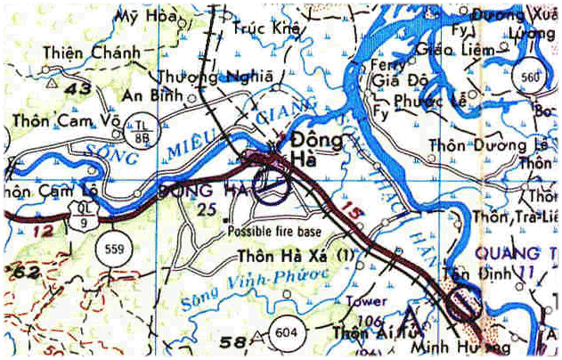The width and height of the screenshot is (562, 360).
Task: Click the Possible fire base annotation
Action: (x=273, y=232)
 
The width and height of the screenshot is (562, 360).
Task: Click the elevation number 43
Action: (x=79, y=88)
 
